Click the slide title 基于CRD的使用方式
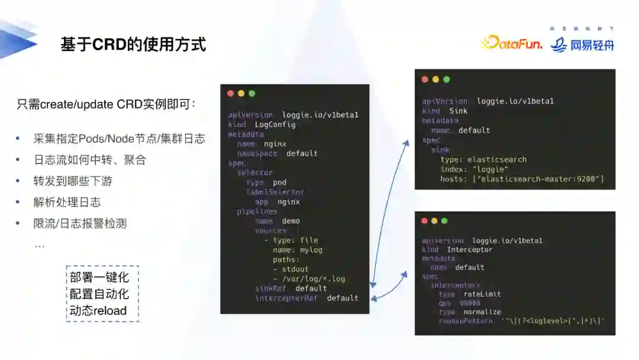coord(133,44)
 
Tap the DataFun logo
coord(512,43)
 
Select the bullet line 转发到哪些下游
coord(73,181)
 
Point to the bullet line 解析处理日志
coord(67,202)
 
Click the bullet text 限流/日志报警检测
coord(80,223)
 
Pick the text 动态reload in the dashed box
coord(98,310)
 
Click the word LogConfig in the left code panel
coord(275,124)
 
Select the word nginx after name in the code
coord(275,144)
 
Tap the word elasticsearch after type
coord(497,159)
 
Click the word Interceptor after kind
coord(469,250)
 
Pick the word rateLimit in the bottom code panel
coord(482,294)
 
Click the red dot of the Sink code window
coord(425,79)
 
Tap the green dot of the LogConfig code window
coord(252,94)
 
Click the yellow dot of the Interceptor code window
coord(434,221)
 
